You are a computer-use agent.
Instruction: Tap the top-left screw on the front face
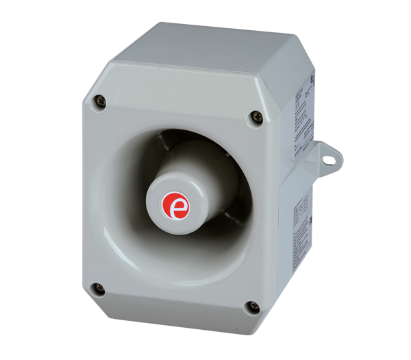[x=101, y=101]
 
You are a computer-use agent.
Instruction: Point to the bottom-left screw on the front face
[x=99, y=289]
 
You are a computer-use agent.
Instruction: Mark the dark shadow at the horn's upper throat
[x=185, y=137]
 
